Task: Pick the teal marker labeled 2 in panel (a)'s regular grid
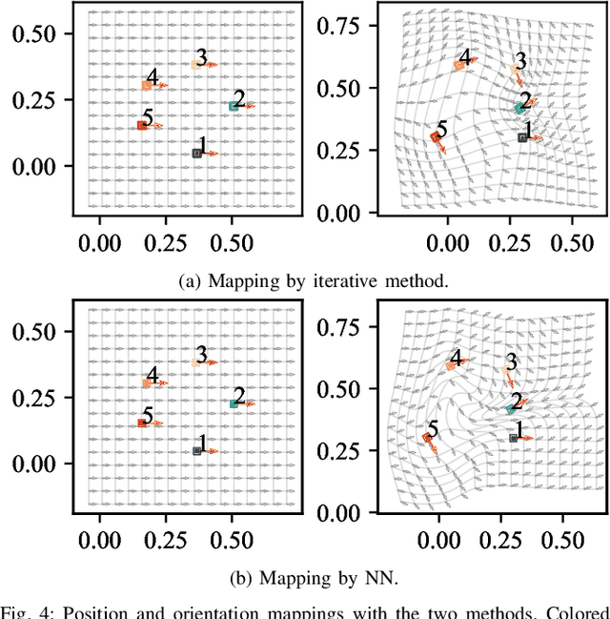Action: coord(234,106)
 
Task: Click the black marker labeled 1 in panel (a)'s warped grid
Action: coord(522,137)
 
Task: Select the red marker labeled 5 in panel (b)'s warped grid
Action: coord(428,438)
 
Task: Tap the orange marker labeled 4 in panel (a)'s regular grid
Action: coord(147,85)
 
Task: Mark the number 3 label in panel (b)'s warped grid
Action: coord(511,361)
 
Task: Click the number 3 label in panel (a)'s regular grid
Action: coord(201,56)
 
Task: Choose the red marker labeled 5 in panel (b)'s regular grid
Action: coord(142,423)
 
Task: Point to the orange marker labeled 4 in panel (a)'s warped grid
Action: coord(458,65)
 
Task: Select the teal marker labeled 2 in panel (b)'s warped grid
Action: coord(511,408)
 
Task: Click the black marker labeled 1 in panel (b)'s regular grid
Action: coord(197,450)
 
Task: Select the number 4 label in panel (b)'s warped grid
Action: coord(457,358)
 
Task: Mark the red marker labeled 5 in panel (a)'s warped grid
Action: coord(435,137)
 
